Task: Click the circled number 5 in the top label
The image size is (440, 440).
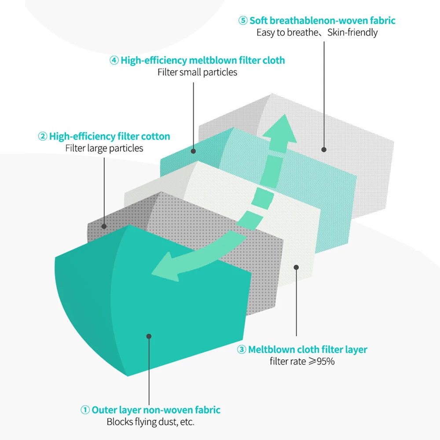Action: coord(243,21)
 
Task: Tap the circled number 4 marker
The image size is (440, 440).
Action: coord(114,60)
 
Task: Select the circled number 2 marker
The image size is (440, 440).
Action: coord(43,136)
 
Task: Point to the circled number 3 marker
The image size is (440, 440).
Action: coord(242,350)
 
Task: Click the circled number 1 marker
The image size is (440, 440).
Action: coord(85,410)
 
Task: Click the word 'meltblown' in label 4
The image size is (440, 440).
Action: coord(211,60)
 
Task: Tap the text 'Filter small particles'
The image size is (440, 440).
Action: coord(197,72)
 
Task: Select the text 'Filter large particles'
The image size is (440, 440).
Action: coord(104,148)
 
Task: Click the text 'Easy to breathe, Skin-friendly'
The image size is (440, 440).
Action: coord(317,33)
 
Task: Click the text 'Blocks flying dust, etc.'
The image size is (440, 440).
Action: coord(150,422)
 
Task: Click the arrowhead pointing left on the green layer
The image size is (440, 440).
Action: coord(165,268)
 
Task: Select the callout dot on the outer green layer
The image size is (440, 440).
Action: coord(149,336)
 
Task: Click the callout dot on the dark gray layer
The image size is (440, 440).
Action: coord(104,227)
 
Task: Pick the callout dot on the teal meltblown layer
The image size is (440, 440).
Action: coord(193,151)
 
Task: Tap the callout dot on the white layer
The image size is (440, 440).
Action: coord(296,267)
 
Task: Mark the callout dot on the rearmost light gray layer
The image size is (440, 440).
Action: coord(324,150)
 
